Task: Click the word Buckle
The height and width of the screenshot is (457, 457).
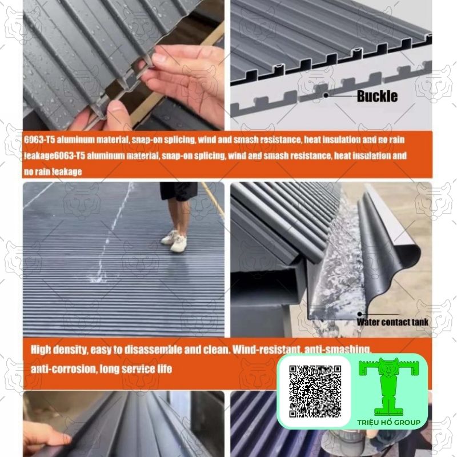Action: [x=377, y=96]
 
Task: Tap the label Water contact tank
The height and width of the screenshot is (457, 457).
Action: [x=392, y=322]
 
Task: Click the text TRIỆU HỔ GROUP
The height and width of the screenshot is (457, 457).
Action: [x=389, y=422]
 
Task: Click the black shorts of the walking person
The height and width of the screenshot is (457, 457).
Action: [x=179, y=191]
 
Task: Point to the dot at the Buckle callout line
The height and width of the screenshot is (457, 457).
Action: [x=326, y=95]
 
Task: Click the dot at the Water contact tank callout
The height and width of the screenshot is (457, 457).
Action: [x=360, y=314]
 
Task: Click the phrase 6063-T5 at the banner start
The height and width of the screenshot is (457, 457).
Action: [x=39, y=140]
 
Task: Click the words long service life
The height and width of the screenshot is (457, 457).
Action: [x=136, y=369]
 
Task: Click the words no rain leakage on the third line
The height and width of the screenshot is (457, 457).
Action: [x=53, y=172]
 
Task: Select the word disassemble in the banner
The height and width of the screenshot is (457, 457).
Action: [x=153, y=350]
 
